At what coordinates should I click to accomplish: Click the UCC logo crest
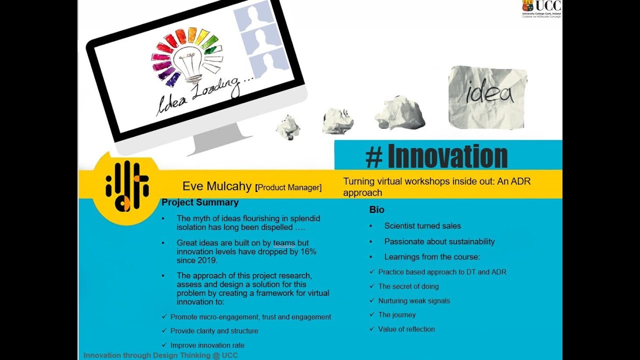[x=527, y=6]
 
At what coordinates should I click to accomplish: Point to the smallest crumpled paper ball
[x=288, y=127]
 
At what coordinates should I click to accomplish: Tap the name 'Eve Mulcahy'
[x=216, y=186]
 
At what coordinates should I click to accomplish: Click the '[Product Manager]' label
[x=288, y=187]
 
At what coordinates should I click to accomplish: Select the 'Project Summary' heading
[x=200, y=202]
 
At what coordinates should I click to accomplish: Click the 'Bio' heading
[x=376, y=210]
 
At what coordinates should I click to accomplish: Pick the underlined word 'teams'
[x=284, y=243]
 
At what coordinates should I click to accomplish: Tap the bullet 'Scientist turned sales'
[x=422, y=226]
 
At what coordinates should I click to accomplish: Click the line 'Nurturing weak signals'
[x=414, y=301]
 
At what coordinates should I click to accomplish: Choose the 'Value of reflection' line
[x=406, y=329]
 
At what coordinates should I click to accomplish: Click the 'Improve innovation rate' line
[x=207, y=345]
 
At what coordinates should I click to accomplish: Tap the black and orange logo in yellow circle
[x=126, y=186]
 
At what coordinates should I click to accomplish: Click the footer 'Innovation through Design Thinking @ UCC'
[x=160, y=355]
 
